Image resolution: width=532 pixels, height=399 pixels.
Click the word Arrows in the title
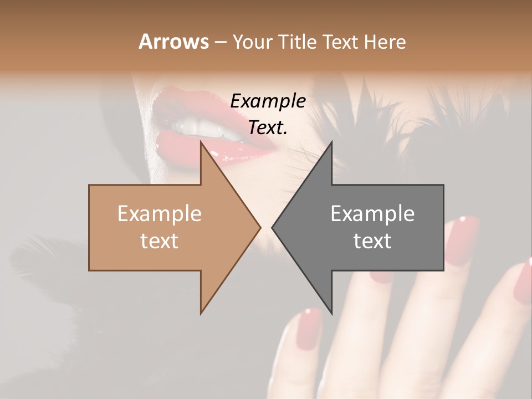point(173,42)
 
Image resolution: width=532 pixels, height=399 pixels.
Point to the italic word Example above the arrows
point(268,101)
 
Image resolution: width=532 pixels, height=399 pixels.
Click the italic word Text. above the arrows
point(268,127)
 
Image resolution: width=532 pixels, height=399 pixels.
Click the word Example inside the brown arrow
point(159,214)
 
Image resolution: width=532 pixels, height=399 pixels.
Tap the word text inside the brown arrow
point(159,241)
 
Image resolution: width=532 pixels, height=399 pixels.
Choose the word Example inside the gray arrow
point(372,214)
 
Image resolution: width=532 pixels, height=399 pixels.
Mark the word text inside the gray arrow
point(372,241)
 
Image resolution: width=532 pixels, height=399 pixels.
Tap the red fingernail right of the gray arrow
point(463,236)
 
